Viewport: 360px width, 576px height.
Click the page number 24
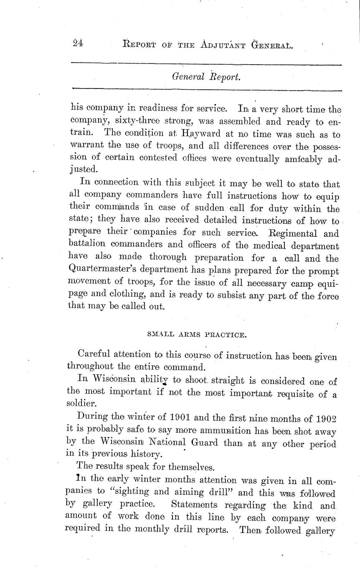pyautogui.click(x=77, y=43)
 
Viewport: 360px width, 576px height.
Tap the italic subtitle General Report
pyautogui.click(x=206, y=77)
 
